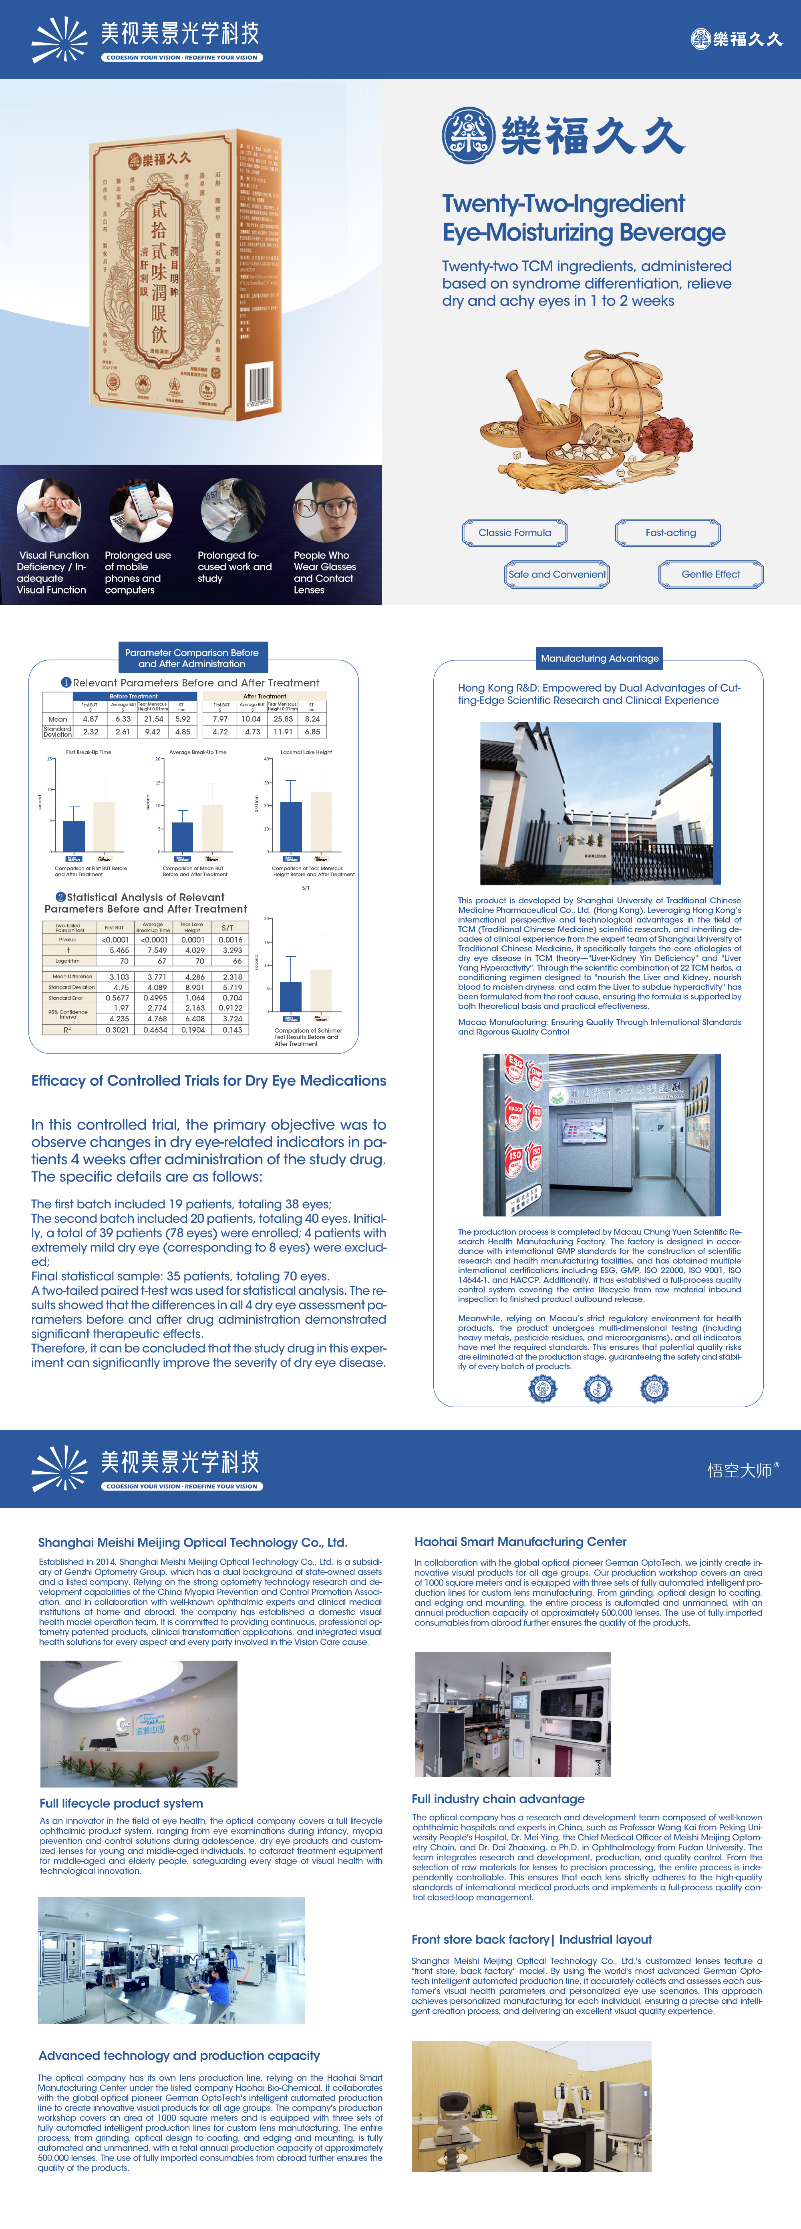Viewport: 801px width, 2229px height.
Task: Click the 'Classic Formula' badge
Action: click(x=514, y=532)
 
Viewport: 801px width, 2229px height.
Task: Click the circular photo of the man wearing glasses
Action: click(x=325, y=511)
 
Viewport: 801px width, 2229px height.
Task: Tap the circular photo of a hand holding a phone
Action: click(x=140, y=511)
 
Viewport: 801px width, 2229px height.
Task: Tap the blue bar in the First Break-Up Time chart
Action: click(x=74, y=835)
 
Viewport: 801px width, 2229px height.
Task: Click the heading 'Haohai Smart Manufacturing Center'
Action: click(x=519, y=1541)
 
